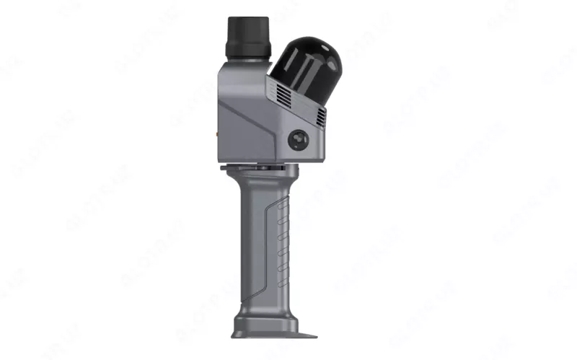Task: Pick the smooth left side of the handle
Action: pyautogui.click(x=249, y=245)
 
